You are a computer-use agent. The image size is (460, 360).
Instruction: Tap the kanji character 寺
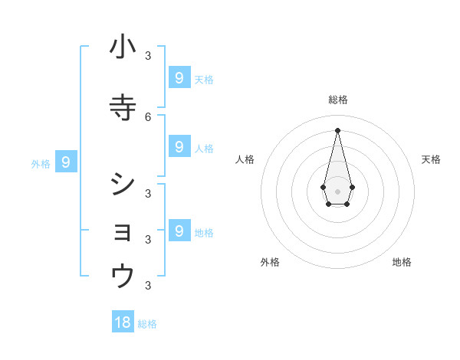coord(123,108)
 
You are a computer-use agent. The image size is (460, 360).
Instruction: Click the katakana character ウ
coord(123,277)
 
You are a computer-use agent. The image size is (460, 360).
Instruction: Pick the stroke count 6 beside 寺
coord(148,116)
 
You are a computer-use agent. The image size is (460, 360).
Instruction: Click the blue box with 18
coord(123,322)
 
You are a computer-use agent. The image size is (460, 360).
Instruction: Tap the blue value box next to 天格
coord(179,77)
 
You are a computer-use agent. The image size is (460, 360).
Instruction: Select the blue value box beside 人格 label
coord(179,146)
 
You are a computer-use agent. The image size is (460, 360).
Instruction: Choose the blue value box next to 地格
coord(179,231)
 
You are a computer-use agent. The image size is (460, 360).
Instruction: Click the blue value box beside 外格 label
coord(66,162)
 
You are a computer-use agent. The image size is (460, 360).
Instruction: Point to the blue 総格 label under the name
coord(147,324)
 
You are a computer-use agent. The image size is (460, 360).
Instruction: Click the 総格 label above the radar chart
coord(338,100)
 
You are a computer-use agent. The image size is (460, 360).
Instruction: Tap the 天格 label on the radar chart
coord(431,159)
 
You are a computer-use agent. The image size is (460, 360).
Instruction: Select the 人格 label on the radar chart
coord(245,159)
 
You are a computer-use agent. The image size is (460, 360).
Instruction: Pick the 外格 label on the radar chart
coord(270,262)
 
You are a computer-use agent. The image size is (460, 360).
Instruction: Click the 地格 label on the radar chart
coord(402,262)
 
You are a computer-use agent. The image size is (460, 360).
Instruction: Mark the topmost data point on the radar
coord(337,129)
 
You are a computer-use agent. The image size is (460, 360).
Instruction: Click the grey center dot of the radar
coord(337,190)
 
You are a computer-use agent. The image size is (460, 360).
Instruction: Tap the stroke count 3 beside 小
coord(148,55)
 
